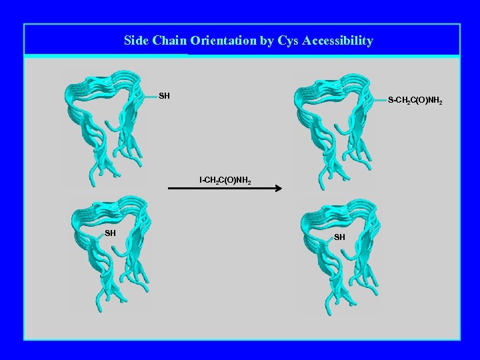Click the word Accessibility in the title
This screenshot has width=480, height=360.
(x=337, y=41)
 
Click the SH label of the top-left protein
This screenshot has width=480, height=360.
(x=164, y=96)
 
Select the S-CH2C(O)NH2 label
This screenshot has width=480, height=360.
(x=415, y=101)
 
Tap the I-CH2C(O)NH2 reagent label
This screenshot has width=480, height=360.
(x=225, y=181)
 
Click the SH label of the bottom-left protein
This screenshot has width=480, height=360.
(x=110, y=233)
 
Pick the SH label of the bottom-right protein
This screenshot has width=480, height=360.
(x=339, y=237)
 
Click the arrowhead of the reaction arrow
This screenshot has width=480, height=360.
(x=279, y=189)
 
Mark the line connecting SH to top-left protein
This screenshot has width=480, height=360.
(x=149, y=96)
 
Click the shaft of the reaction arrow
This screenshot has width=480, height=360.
(x=220, y=189)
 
